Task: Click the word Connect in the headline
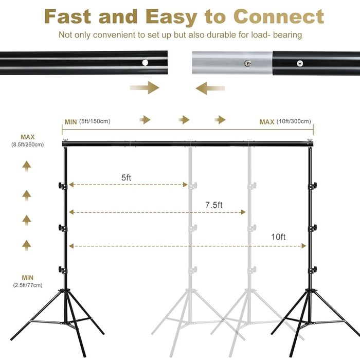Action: tap(279, 17)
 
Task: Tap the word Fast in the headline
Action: tap(68, 16)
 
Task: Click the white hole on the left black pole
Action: tap(145, 62)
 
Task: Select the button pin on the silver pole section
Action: tap(247, 63)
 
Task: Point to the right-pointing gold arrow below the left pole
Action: tap(145, 87)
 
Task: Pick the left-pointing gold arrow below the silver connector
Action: tap(210, 88)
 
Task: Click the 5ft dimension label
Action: tap(126, 177)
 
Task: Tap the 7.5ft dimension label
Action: tap(214, 205)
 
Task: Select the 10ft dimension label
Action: tap(278, 237)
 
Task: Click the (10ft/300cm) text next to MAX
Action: tap(294, 121)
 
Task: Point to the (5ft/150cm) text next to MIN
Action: tap(95, 121)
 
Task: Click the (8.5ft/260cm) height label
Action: tap(28, 145)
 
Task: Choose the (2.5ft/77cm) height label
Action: tap(28, 285)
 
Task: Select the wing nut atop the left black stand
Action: tap(65, 140)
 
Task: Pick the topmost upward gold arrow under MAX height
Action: tap(27, 166)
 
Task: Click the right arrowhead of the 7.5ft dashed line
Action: tap(243, 212)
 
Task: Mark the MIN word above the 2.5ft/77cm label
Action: tap(28, 278)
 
